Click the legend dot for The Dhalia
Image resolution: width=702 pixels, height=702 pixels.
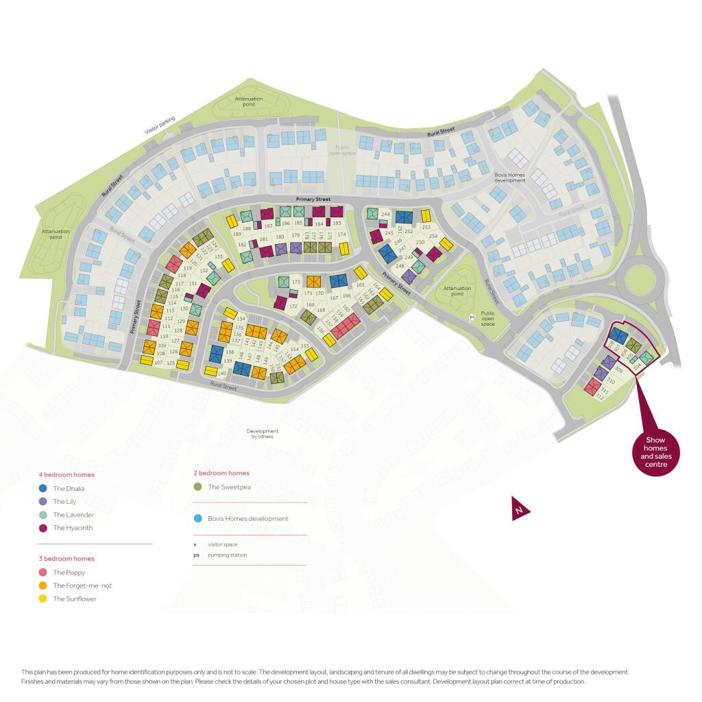tap(43, 489)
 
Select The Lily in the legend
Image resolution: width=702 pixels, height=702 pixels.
tap(43, 502)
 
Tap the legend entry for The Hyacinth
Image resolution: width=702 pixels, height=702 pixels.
tap(43, 528)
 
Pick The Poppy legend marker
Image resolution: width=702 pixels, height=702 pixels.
tap(43, 572)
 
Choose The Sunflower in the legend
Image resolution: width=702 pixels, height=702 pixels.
tap(43, 598)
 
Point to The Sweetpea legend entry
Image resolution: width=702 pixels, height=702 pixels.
tap(198, 487)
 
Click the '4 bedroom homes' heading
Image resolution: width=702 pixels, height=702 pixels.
tap(66, 474)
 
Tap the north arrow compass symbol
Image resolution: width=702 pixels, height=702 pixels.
tap(520, 511)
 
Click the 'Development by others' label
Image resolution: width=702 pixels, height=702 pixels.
tap(263, 434)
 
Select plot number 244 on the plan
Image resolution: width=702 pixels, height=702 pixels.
tap(385, 215)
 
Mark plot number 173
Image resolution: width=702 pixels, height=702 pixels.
tap(296, 282)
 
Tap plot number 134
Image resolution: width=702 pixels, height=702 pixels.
tap(240, 319)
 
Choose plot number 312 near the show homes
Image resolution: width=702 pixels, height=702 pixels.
tap(600, 396)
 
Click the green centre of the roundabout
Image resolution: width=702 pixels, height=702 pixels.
tap(642, 279)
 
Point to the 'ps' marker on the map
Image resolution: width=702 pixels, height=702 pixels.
tap(472, 317)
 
